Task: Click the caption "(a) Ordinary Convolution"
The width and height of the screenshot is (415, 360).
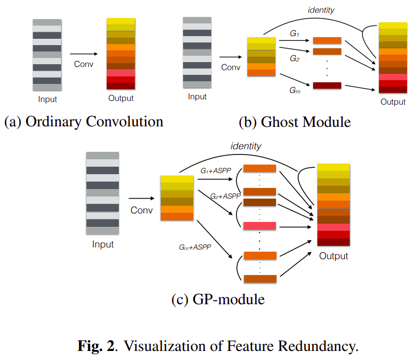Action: click(83, 122)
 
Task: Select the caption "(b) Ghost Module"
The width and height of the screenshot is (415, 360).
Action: click(295, 122)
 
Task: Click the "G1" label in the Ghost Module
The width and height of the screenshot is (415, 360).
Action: click(295, 33)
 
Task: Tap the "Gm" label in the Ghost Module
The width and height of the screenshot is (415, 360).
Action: click(295, 90)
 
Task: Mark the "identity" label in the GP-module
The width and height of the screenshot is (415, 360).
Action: click(246, 146)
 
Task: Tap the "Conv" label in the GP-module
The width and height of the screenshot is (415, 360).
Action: click(141, 210)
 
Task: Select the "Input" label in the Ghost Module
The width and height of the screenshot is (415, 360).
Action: click(197, 97)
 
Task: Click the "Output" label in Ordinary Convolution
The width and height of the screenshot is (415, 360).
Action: click(121, 98)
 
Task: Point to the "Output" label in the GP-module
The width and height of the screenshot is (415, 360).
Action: click(333, 256)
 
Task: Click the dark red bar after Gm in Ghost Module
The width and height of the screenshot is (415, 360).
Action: click(327, 85)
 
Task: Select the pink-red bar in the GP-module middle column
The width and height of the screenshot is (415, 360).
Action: click(260, 226)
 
